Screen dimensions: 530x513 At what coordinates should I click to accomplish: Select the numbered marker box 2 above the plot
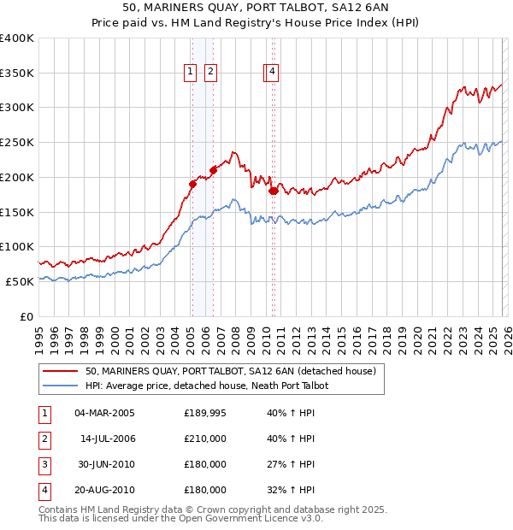point(209,74)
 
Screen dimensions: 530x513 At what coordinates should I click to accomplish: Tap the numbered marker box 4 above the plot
point(272,74)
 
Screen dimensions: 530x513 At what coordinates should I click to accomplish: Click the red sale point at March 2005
point(193,183)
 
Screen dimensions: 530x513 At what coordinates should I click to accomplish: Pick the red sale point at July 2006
point(213,169)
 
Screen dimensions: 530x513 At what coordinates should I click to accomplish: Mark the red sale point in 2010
point(273,191)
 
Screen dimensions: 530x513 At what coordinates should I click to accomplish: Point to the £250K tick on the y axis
point(17,143)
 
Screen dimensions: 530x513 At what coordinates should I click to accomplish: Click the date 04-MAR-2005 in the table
point(104,413)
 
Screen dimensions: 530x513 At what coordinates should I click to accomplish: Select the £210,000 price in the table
point(205,439)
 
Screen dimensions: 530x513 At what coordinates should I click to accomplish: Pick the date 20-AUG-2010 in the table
point(104,490)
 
